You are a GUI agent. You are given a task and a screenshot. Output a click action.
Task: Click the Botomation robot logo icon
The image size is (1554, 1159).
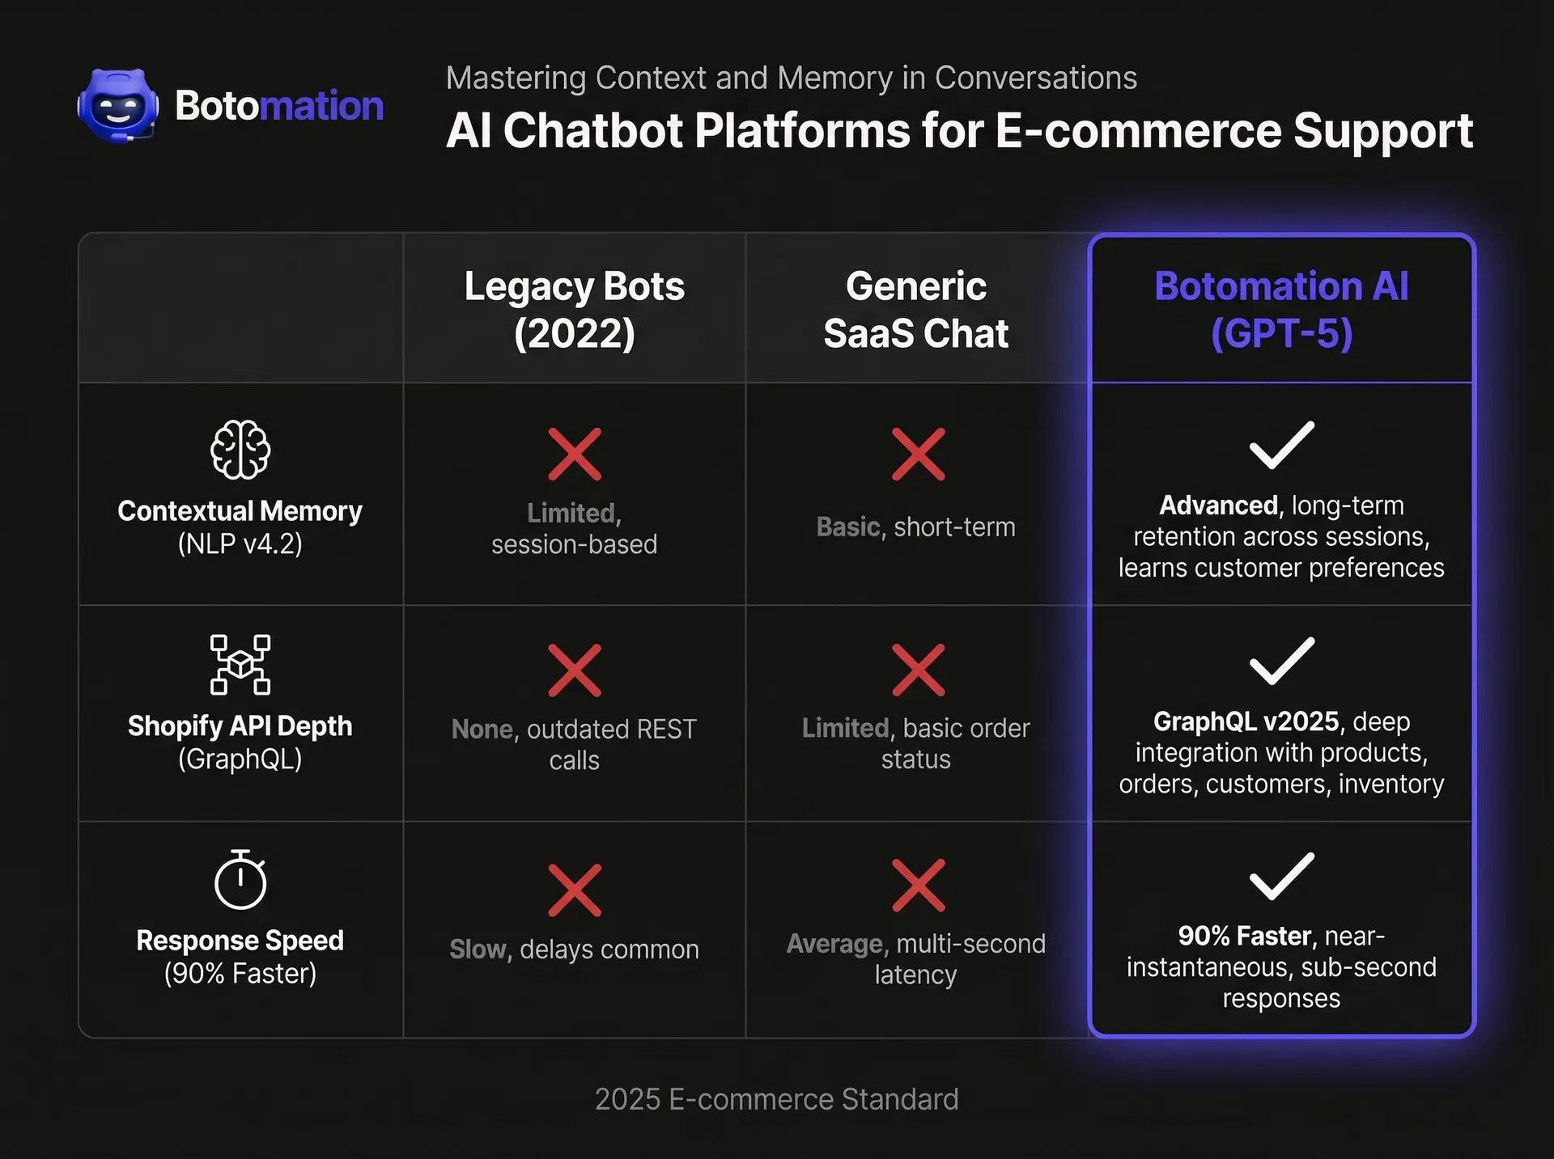pyautogui.click(x=118, y=105)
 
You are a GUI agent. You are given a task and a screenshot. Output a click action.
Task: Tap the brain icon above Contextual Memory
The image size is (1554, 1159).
pyautogui.click(x=240, y=450)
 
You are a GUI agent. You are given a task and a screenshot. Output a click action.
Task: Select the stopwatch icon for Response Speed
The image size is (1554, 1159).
pyautogui.click(x=240, y=880)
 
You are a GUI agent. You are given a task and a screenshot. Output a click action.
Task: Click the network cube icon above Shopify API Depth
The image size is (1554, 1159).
pyautogui.click(x=240, y=665)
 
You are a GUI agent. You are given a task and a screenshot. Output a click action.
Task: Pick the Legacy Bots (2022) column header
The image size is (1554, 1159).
pyautogui.click(x=575, y=310)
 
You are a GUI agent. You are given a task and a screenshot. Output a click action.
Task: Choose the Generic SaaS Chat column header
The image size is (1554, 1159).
pyautogui.click(x=916, y=310)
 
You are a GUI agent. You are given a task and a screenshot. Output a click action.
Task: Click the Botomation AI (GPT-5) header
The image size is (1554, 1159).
pyautogui.click(x=1281, y=310)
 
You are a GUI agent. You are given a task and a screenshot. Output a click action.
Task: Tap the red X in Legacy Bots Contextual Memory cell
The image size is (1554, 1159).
pyautogui.click(x=575, y=455)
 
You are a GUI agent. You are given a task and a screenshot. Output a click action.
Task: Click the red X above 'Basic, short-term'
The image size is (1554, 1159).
pyautogui.click(x=918, y=455)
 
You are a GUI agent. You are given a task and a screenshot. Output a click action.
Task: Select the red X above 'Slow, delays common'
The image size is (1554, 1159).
pyautogui.click(x=575, y=890)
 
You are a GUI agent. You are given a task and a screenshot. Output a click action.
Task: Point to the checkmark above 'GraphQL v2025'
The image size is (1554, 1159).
pyautogui.click(x=1282, y=661)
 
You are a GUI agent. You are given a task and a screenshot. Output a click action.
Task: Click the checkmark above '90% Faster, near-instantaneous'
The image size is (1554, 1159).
pyautogui.click(x=1282, y=876)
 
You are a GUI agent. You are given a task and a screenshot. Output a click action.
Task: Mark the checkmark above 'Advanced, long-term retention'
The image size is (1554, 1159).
pyautogui.click(x=1282, y=445)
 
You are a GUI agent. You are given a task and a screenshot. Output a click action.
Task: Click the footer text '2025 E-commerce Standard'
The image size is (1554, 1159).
pyautogui.click(x=776, y=1099)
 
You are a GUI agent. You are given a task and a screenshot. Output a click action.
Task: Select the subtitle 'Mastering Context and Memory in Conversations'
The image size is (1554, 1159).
pyautogui.click(x=791, y=78)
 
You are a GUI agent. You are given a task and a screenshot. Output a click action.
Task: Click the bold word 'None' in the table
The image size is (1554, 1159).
pyautogui.click(x=482, y=730)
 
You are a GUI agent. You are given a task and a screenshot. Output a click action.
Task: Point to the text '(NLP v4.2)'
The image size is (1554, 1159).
pyautogui.click(x=240, y=544)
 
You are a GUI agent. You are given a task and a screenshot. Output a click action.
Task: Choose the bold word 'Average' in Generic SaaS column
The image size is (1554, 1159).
pyautogui.click(x=834, y=944)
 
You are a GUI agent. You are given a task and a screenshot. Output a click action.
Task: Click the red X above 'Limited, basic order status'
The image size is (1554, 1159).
pyautogui.click(x=918, y=670)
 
